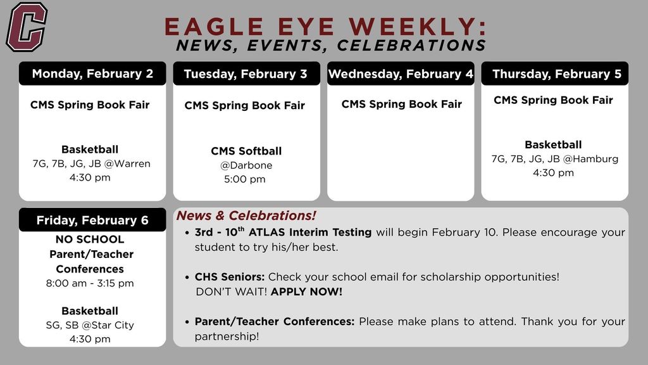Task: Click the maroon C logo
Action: point(27,27)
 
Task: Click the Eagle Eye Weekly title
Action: point(326,27)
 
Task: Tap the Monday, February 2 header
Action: point(92,74)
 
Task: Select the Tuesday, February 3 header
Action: point(246,74)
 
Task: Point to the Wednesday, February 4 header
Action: point(401,74)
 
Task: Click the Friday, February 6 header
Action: point(92,220)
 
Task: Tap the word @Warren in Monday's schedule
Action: point(127,163)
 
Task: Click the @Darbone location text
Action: point(246,165)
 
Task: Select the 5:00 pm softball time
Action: point(245,179)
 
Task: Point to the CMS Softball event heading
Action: point(246,151)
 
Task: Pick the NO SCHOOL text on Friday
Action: point(90,239)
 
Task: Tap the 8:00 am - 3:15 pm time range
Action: point(90,283)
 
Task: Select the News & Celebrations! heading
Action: point(246,215)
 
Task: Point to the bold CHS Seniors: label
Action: point(230,277)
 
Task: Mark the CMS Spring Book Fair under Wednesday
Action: point(401,104)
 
